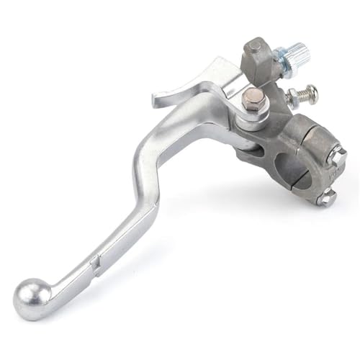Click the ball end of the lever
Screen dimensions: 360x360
click(x=32, y=297)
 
